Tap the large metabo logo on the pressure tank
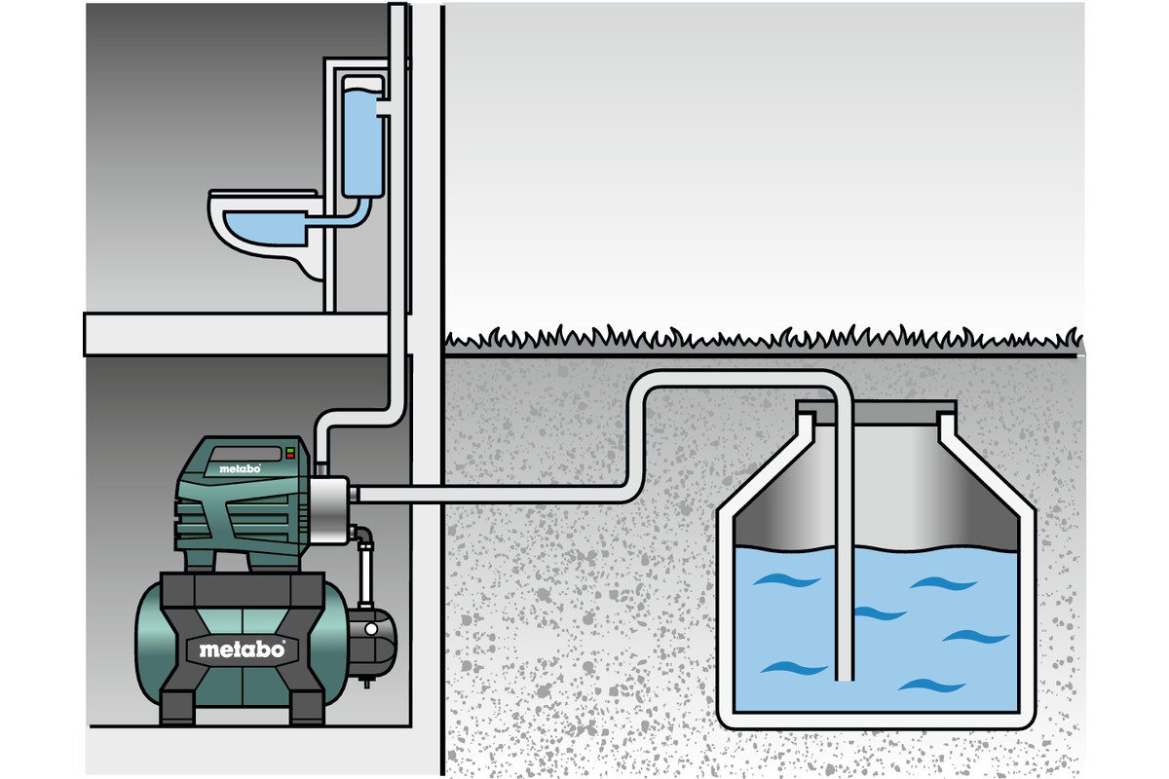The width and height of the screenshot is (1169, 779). [x=243, y=649]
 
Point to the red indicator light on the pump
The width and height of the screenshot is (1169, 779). [x=289, y=449]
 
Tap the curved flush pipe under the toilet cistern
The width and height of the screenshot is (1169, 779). [x=346, y=216]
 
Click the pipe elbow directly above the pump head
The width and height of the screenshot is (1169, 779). [x=327, y=432]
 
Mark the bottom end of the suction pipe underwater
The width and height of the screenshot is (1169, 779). [x=844, y=676]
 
